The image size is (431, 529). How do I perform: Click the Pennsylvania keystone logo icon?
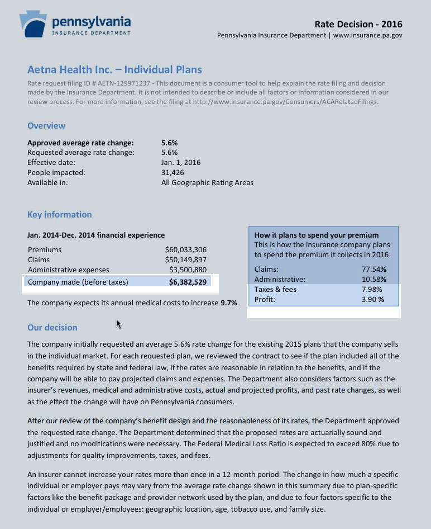tap(33, 23)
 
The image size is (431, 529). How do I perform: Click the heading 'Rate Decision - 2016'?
tap(358, 24)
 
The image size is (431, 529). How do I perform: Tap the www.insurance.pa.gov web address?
tap(367, 35)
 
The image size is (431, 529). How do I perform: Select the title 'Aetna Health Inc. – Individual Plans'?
tap(114, 70)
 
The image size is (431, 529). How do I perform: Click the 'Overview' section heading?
tap(46, 126)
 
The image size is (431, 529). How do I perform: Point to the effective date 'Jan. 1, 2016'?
tap(181, 163)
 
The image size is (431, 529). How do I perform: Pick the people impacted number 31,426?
tap(173, 173)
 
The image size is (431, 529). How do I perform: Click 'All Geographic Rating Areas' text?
tap(207, 183)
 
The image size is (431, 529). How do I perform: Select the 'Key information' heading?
tap(60, 215)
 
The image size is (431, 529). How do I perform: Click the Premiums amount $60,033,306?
tap(186, 249)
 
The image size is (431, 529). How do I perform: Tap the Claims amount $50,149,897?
tap(186, 259)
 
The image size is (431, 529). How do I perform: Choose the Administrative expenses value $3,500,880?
tap(188, 270)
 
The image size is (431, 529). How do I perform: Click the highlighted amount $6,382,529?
tap(188, 282)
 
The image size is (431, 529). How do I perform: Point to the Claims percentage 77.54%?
tap(374, 269)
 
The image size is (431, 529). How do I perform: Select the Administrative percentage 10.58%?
tap(374, 279)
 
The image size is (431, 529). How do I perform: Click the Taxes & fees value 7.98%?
tap(375, 289)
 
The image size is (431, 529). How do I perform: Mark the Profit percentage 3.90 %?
tap(373, 299)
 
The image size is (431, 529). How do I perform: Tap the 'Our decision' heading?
tap(52, 328)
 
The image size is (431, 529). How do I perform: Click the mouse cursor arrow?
tap(119, 324)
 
